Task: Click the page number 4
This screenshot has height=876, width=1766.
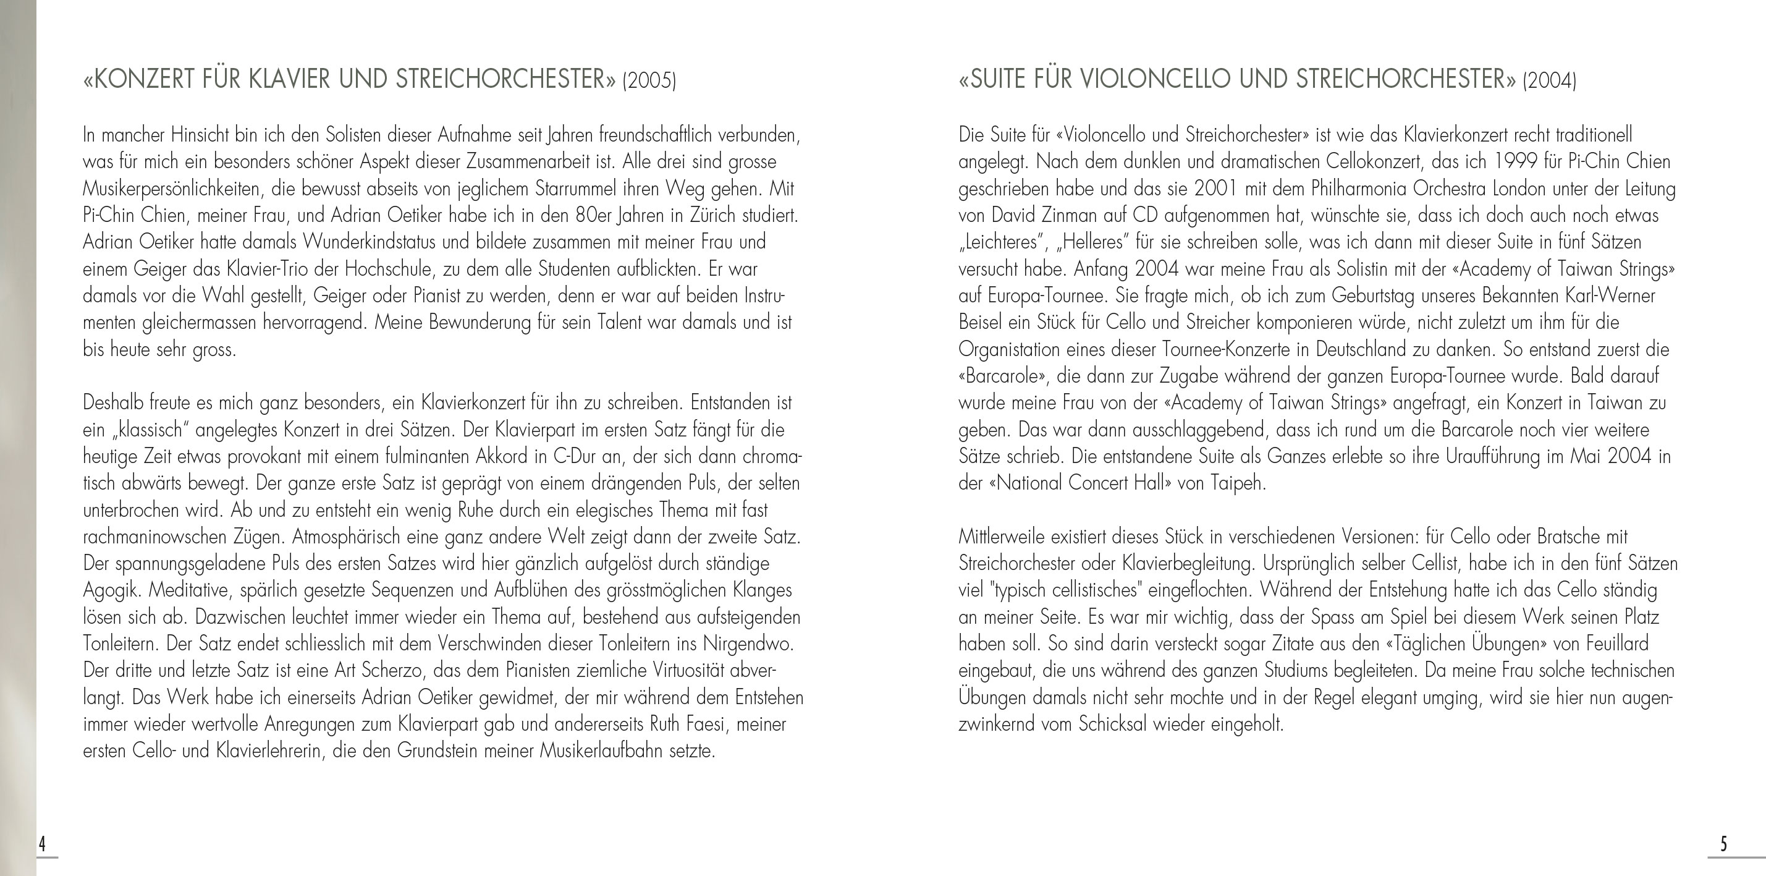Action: coord(42,844)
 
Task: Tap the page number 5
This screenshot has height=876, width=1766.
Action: coord(1723,844)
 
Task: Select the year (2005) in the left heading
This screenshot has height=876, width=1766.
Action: coord(649,81)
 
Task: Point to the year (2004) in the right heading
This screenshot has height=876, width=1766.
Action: coord(1549,81)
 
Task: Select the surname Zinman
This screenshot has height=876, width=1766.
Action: coord(1071,215)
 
